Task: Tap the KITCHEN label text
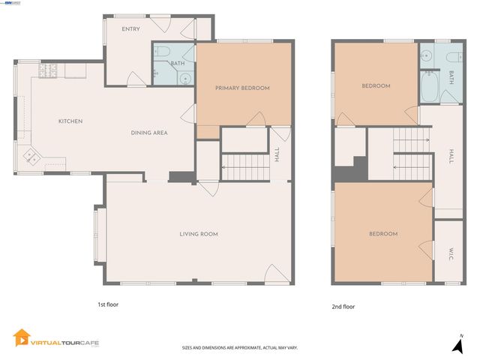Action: coord(70,121)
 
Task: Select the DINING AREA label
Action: coord(149,133)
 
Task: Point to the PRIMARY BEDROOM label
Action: coord(242,88)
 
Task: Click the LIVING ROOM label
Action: coord(199,234)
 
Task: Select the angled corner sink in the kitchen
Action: coord(33,157)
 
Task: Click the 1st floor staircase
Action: coord(244,167)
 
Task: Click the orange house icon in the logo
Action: coord(21,338)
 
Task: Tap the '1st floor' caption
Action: coord(108,304)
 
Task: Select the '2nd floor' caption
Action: coord(343,307)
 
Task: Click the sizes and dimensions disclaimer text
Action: coord(240,347)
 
